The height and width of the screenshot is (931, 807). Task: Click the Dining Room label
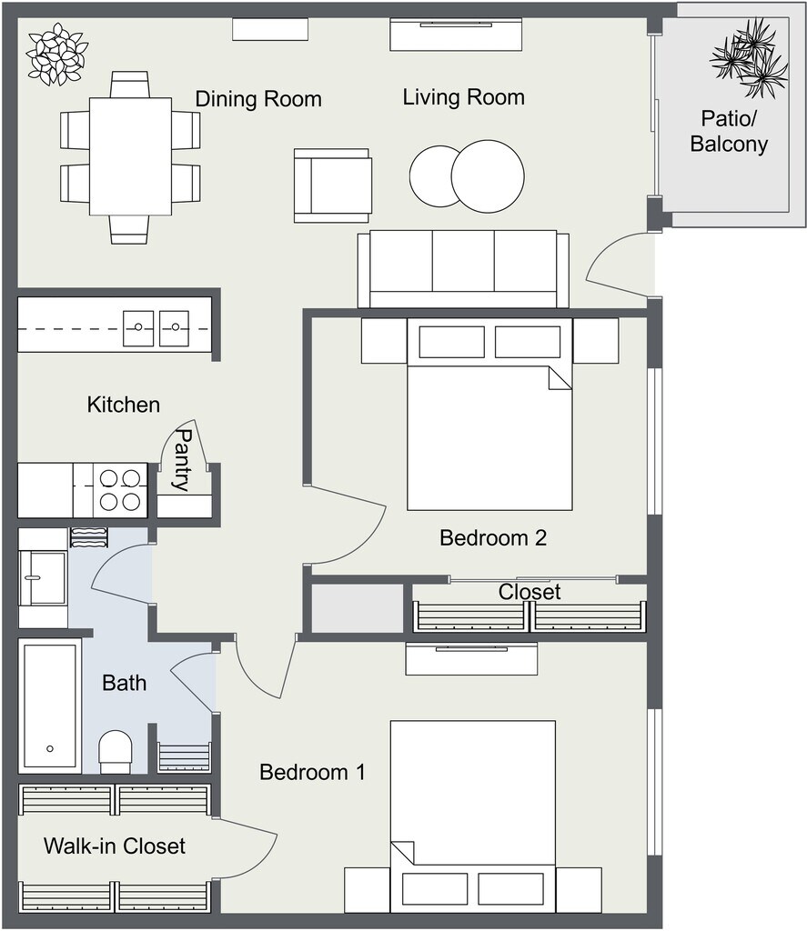click(258, 99)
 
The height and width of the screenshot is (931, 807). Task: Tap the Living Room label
click(463, 97)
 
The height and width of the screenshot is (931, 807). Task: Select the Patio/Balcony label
click(729, 131)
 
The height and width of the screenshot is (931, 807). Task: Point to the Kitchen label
click(124, 405)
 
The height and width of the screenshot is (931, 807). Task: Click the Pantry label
click(184, 460)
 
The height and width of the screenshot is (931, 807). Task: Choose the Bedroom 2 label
click(492, 538)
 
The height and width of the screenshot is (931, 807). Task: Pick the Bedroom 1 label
click(312, 772)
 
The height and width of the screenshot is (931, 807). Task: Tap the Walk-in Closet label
click(114, 846)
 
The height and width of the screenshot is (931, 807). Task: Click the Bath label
click(125, 683)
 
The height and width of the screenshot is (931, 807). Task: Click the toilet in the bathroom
click(116, 752)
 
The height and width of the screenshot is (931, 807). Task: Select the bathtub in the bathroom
click(50, 706)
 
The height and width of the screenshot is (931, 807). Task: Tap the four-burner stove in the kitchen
click(120, 490)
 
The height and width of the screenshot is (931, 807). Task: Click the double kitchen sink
click(156, 328)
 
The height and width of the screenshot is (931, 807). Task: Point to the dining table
click(131, 156)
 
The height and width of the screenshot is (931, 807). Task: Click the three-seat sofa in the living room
click(463, 269)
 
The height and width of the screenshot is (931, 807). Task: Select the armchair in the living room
click(333, 185)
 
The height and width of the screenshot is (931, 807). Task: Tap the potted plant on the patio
click(749, 57)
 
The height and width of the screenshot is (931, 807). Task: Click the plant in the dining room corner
click(57, 54)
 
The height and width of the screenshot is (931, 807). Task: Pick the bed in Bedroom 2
click(489, 415)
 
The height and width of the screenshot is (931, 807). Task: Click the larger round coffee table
click(488, 176)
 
